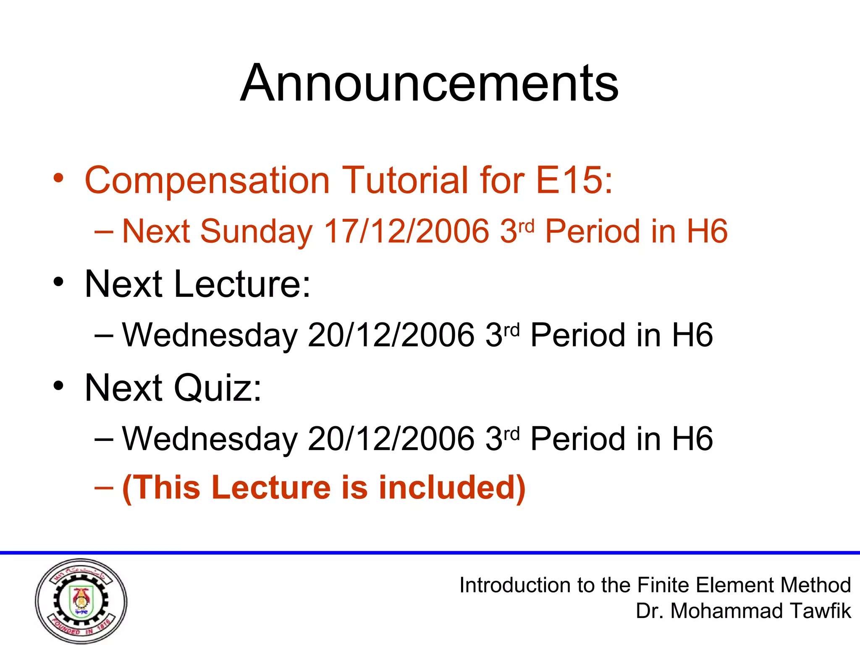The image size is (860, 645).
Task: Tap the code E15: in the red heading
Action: [574, 180]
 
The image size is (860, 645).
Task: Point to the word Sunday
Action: [257, 232]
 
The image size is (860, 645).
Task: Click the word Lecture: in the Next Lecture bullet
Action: [242, 284]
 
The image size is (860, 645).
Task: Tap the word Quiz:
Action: [218, 388]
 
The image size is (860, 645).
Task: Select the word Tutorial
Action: [405, 180]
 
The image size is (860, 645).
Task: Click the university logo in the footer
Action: [81, 601]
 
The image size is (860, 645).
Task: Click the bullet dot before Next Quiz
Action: [58, 385]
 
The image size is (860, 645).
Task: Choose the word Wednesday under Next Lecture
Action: [210, 335]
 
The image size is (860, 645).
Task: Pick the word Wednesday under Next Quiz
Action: [210, 439]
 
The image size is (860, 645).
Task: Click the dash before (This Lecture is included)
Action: [104, 488]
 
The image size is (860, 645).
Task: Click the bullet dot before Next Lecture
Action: [58, 282]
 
